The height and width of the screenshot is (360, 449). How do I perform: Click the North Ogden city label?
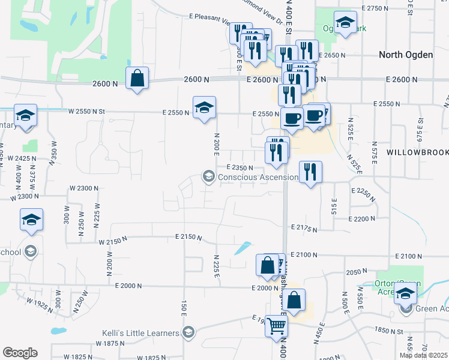coord(406,55)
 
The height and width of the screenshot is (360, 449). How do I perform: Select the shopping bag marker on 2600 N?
coord(137,78)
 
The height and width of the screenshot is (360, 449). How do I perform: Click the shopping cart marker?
coord(277,326)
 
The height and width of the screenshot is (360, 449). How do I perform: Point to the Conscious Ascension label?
coord(258,177)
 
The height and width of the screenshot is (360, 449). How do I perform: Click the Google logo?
coord(20,353)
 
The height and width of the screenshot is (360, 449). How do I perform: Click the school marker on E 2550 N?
coord(204,108)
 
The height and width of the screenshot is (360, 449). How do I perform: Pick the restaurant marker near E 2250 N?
coord(310,172)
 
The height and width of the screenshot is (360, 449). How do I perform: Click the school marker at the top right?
coord(345,23)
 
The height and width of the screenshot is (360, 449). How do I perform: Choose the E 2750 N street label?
coord(373,8)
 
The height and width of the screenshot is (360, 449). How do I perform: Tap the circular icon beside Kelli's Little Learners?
coord(188,333)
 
